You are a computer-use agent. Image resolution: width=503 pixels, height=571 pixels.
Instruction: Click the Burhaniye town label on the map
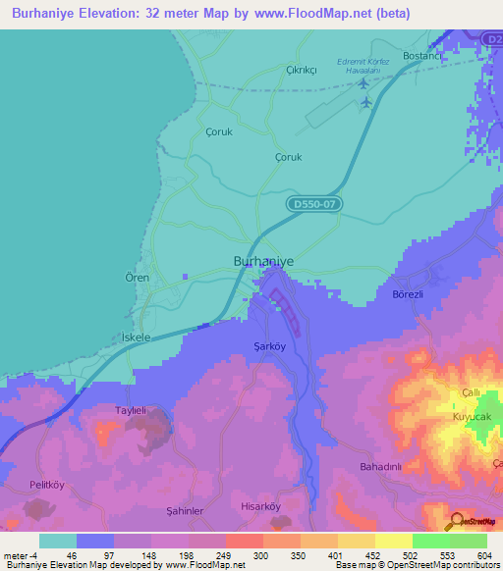pos(264,261)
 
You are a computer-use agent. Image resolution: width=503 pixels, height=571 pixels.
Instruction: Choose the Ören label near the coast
pos(138,279)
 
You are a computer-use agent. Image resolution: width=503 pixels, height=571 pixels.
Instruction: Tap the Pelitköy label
pos(46,485)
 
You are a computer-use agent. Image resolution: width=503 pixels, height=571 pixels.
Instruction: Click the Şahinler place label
pos(184,511)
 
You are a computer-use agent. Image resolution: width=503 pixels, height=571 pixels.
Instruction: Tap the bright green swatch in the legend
pos(430,541)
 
